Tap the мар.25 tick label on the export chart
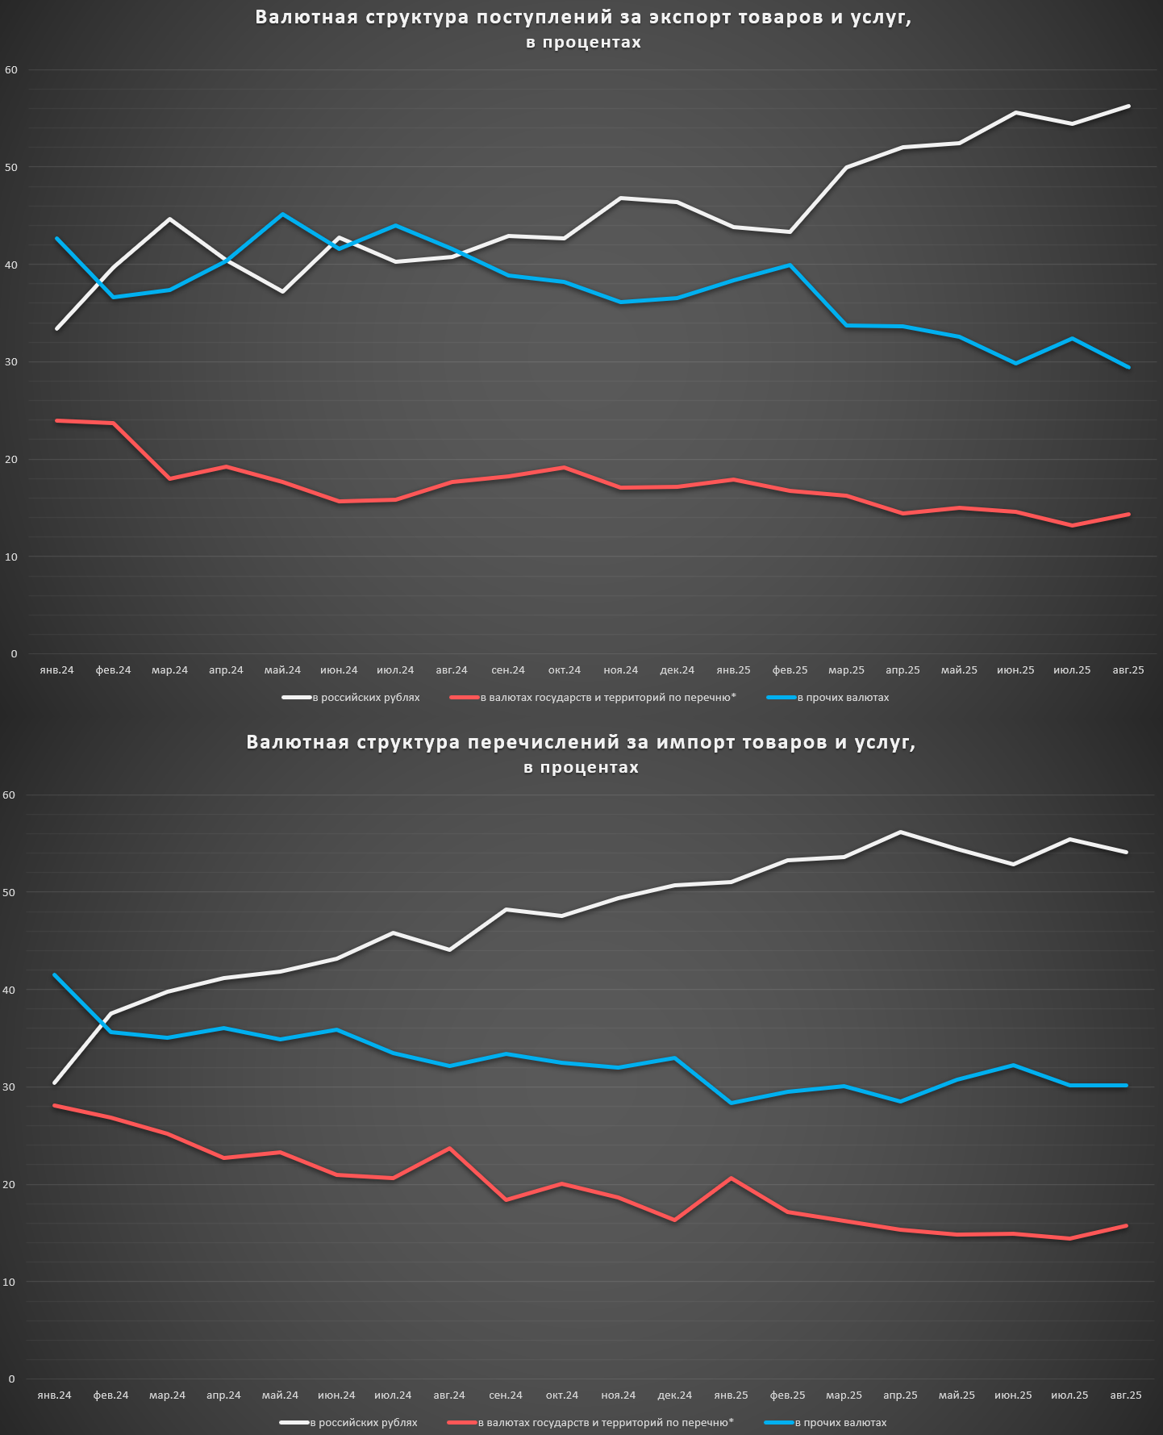(846, 670)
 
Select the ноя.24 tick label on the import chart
(619, 1395)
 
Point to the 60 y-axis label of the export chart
(11, 70)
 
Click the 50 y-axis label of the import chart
(9, 892)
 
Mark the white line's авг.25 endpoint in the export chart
(1128, 106)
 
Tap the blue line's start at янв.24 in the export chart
(56, 239)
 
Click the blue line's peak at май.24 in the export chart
(282, 215)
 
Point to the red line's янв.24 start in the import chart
(54, 1105)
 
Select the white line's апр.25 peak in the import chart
(900, 832)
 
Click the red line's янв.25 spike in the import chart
(732, 1178)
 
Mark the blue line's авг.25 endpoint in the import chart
(1126, 1086)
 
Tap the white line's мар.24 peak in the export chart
(169, 219)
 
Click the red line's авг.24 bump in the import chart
(449, 1148)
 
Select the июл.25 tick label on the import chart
(1070, 1395)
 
